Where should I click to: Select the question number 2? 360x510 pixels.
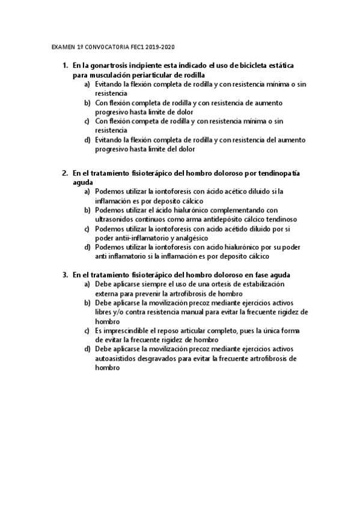click(x=65, y=173)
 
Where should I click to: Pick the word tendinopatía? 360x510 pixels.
click(x=281, y=173)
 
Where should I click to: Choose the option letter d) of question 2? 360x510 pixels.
click(x=87, y=247)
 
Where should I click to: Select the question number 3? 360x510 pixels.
click(x=65, y=274)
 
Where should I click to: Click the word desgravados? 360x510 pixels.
click(x=166, y=358)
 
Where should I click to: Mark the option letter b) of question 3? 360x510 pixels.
click(x=87, y=303)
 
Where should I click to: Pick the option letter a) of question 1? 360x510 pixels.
click(x=87, y=85)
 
